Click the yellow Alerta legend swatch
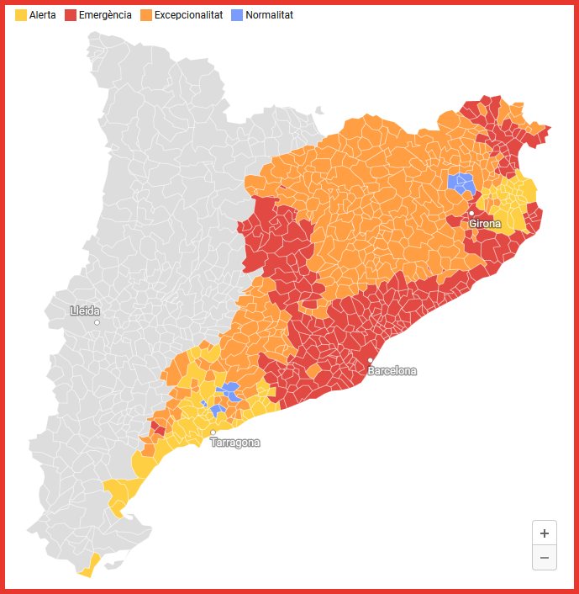tap(21, 15)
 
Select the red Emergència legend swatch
tap(71, 15)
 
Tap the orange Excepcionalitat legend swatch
tap(146, 15)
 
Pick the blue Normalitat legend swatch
tap(237, 15)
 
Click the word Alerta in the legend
tap(42, 15)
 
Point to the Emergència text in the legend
tap(105, 15)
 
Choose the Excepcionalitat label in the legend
tap(188, 15)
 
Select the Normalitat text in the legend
tap(270, 15)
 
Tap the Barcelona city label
tap(392, 371)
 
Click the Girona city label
tap(485, 224)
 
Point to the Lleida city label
tap(85, 311)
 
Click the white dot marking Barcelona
tap(371, 360)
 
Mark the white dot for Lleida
tap(97, 322)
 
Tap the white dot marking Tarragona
tap(213, 432)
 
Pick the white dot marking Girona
tap(471, 214)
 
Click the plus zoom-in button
tap(545, 533)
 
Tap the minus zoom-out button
tap(545, 557)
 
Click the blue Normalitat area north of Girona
tap(461, 183)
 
